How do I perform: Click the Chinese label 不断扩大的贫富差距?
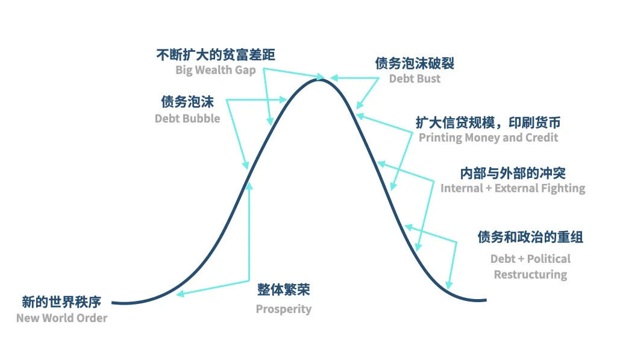coord(215,55)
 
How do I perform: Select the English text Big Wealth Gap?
coord(216,70)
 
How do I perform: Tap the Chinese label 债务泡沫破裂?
coord(415,63)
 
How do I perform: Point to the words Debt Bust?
coord(415,78)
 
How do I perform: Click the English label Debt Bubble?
coord(187,118)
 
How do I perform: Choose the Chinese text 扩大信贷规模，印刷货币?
coord(488,123)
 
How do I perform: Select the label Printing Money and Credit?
coord(488,137)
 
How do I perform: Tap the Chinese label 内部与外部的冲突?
coord(513,173)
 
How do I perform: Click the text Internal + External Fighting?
coord(513,188)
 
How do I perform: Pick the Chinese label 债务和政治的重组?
coord(530,237)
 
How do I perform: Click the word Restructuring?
coord(530,274)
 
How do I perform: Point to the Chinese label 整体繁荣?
coord(284,289)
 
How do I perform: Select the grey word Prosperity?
coord(284,309)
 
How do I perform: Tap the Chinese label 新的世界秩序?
coord(61,302)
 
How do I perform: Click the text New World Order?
coord(61,318)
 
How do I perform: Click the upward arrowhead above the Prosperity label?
coord(249,184)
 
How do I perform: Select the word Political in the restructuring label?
coord(549,259)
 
